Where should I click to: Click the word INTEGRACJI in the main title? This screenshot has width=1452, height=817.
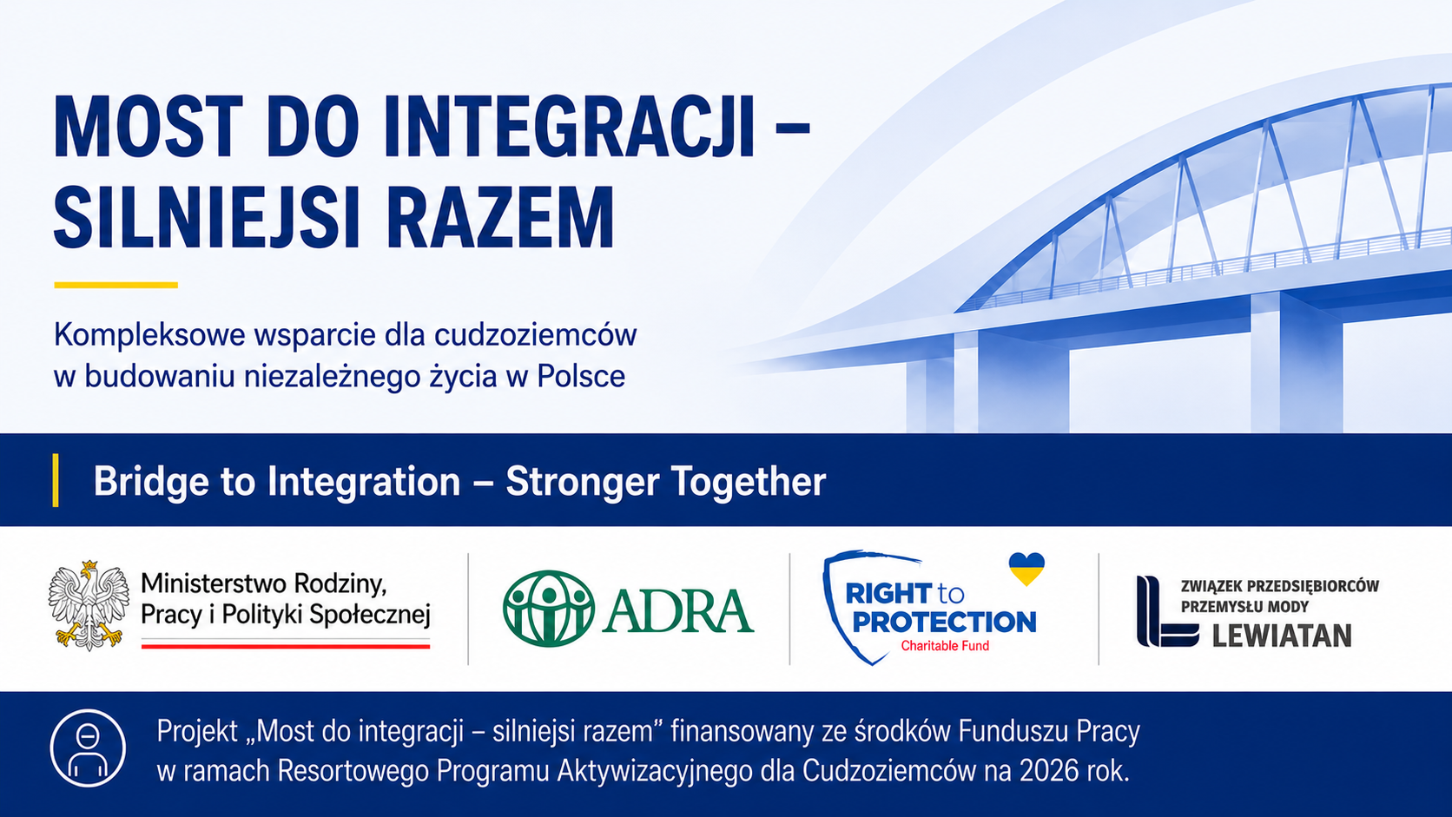[x=570, y=127]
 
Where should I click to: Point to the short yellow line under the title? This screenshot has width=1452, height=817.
[x=116, y=285]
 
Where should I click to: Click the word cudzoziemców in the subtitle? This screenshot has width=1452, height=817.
[x=536, y=335]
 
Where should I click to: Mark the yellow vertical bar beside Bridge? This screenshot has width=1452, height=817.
[x=56, y=480]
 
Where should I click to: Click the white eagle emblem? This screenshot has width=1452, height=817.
[x=89, y=605]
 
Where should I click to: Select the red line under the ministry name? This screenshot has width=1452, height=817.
[x=286, y=646]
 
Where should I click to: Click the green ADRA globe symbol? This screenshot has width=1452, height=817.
[x=548, y=609]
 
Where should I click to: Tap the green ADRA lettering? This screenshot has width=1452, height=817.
[x=678, y=609]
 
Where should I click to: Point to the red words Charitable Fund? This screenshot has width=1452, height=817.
[x=945, y=646]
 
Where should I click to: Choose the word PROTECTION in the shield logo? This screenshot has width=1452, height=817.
[x=945, y=622]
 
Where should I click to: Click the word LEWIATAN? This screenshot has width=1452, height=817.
[x=1282, y=636]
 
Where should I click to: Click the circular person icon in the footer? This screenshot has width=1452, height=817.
[x=89, y=748]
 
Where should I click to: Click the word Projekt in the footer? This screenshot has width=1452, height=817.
[x=198, y=732]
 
